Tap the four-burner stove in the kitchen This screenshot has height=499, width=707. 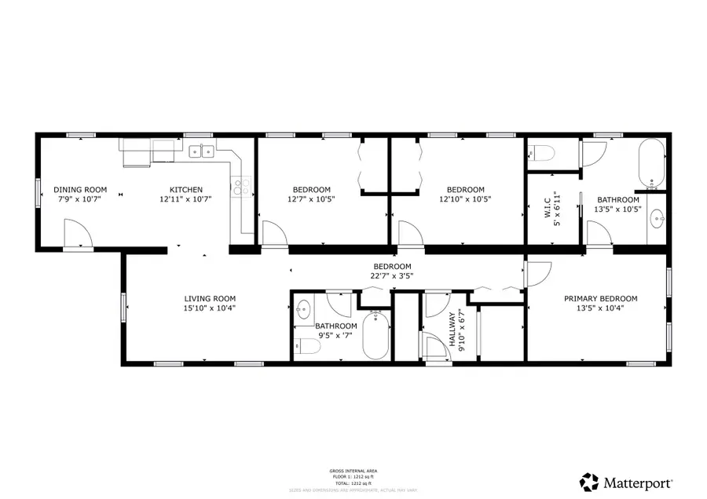(240, 187)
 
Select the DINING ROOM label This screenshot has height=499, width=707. (79, 190)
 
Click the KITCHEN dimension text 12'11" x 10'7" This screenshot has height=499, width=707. (187, 199)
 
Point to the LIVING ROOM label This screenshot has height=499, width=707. (210, 298)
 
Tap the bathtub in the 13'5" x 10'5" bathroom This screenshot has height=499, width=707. (651, 164)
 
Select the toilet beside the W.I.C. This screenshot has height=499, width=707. (543, 152)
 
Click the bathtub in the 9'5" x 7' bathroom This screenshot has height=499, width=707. (375, 336)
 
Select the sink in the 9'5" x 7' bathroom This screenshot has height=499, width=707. (305, 308)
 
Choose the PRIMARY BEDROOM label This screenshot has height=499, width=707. (601, 298)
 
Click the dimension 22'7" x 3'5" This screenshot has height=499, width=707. (392, 275)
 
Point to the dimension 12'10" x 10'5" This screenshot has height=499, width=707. (466, 199)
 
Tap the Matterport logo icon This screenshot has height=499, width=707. (588, 480)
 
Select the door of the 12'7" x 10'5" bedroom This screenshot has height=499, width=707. (272, 233)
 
